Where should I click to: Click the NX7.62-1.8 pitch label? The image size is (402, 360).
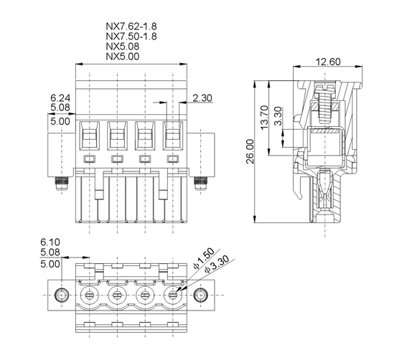tap(131, 27)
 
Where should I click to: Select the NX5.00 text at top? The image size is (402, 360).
tap(123, 57)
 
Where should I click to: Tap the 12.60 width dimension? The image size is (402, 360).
tap(328, 62)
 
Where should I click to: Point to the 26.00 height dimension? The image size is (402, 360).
tap(250, 151)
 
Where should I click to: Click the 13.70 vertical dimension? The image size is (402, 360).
tap(264, 118)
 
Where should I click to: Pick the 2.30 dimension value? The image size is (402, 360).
tap(202, 98)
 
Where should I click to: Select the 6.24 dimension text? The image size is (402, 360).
tap(60, 98)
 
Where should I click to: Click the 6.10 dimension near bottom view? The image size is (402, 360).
tap(50, 242)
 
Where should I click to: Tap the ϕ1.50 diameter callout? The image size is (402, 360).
tap(204, 259)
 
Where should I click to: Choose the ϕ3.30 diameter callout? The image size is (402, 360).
tap(217, 264)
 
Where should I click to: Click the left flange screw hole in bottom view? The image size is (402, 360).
tap(62, 295)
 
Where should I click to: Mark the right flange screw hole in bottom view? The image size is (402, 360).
tap(201, 295)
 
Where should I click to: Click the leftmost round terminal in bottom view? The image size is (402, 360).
tap(90, 295)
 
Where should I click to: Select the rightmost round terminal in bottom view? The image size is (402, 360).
tap(173, 295)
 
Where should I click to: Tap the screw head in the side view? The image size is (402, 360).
tap(325, 87)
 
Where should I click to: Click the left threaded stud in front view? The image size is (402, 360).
tap(62, 184)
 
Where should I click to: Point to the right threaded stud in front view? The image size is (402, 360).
tap(201, 184)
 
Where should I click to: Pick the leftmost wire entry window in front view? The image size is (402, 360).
tap(90, 136)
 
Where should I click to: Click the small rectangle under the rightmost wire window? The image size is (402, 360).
tap(173, 159)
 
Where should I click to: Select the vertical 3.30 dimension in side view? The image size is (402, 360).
tap(278, 116)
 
